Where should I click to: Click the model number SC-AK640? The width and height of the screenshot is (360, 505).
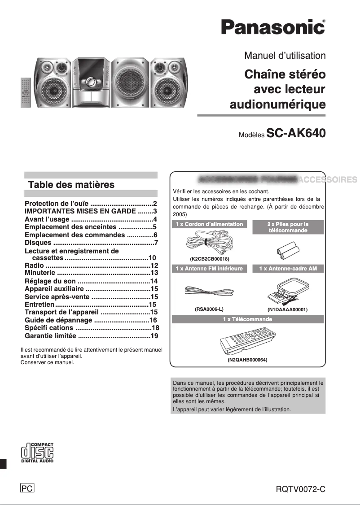[296, 133]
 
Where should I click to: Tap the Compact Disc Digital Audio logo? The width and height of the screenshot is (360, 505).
[37, 452]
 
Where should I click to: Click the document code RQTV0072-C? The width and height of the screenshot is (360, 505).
[300, 489]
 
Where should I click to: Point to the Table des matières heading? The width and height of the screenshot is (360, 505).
[71, 185]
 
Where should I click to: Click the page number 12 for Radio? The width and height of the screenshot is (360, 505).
[154, 266]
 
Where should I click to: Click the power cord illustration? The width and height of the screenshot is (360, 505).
[209, 245]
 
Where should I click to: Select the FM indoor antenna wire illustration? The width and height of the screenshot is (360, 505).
[209, 292]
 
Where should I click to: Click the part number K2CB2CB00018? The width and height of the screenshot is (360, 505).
[210, 259]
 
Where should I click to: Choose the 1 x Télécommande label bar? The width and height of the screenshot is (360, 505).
[247, 319]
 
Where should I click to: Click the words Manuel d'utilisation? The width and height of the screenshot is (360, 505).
[285, 56]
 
